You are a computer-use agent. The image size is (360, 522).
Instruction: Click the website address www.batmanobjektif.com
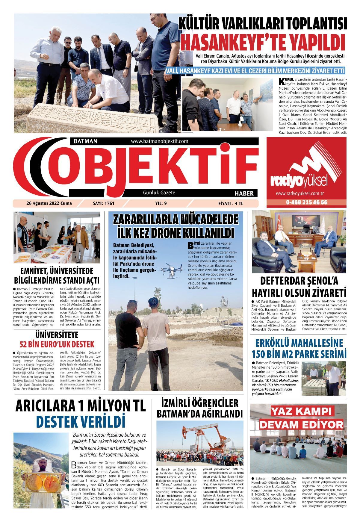point(159,141)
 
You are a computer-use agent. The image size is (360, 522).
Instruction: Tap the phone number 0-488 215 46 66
point(306,202)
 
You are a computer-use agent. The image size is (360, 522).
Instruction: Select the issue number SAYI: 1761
point(104,203)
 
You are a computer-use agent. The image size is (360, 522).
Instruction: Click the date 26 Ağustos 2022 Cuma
point(49,203)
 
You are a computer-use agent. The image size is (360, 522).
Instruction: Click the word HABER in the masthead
point(244,193)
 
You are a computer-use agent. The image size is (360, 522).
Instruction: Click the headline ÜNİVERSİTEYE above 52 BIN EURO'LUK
point(57,334)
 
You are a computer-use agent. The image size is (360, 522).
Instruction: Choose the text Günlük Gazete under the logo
point(159,193)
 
